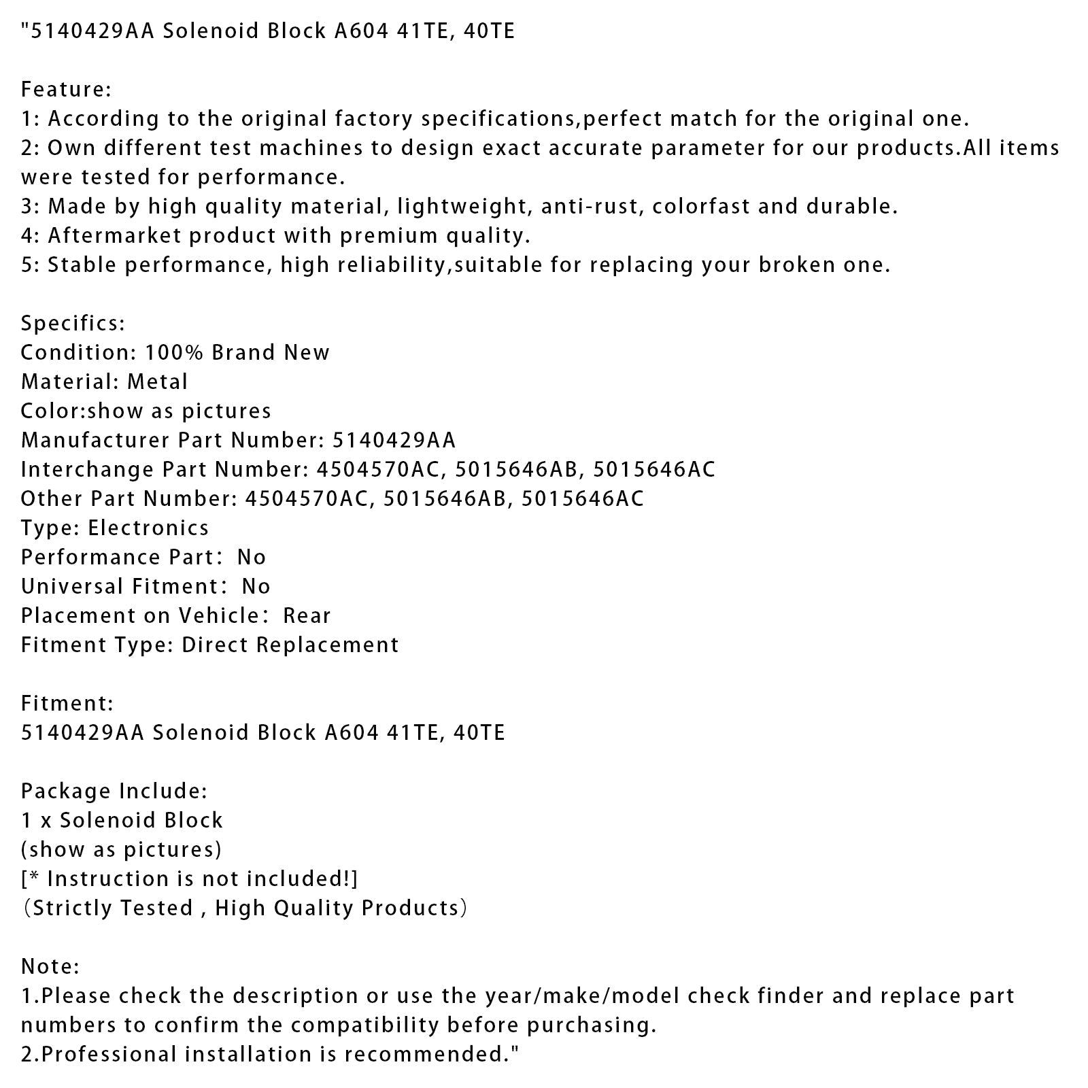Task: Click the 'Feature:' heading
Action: [x=66, y=89]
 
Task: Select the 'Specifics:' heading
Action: [x=73, y=323]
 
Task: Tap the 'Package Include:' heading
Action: [x=114, y=791]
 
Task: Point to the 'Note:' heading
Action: [x=50, y=966]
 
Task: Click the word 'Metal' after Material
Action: [x=157, y=381]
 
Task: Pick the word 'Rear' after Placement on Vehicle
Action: [x=307, y=615]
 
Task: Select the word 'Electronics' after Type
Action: [x=148, y=528]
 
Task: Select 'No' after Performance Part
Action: [x=252, y=557]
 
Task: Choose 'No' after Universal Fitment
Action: [x=256, y=586]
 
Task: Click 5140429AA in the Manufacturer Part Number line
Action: [x=394, y=440]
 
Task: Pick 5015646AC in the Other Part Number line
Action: [x=582, y=498]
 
